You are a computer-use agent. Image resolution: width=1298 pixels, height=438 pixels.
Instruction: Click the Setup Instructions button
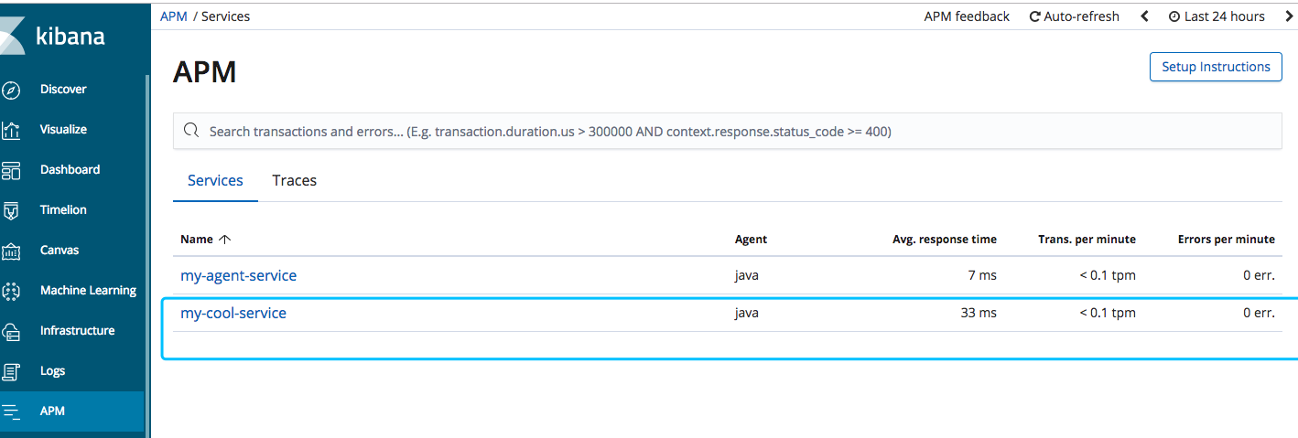pyautogui.click(x=1216, y=67)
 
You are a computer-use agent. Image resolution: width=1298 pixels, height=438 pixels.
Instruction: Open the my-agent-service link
pyautogui.click(x=238, y=275)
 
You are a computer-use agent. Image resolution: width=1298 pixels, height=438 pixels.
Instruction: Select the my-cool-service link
pyautogui.click(x=233, y=313)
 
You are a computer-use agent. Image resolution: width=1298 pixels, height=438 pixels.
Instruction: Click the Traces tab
pyautogui.click(x=294, y=180)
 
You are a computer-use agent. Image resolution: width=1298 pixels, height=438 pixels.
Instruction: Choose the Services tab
pyautogui.click(x=215, y=180)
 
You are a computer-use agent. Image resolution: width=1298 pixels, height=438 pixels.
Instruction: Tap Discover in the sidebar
pyautogui.click(x=63, y=90)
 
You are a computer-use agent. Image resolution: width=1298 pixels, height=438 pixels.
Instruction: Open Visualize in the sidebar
pyautogui.click(x=63, y=130)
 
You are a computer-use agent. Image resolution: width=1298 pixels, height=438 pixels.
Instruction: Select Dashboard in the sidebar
pyautogui.click(x=70, y=170)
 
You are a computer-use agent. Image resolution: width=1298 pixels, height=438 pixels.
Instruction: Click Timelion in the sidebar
pyautogui.click(x=63, y=210)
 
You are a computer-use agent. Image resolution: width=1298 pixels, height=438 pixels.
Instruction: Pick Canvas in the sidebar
pyautogui.click(x=59, y=251)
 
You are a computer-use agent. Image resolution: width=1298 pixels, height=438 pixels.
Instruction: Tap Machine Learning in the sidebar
pyautogui.click(x=88, y=291)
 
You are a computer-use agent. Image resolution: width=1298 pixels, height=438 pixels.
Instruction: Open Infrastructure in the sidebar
pyautogui.click(x=77, y=331)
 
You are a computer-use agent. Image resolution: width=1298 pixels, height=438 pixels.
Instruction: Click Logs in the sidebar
pyautogui.click(x=52, y=371)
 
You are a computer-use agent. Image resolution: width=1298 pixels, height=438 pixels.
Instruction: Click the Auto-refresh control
pyautogui.click(x=1074, y=16)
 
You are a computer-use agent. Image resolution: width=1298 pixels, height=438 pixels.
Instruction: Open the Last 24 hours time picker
pyautogui.click(x=1217, y=16)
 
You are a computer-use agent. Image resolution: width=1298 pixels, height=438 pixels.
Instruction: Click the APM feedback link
pyautogui.click(x=967, y=16)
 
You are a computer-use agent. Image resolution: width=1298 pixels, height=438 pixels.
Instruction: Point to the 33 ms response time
pyautogui.click(x=979, y=313)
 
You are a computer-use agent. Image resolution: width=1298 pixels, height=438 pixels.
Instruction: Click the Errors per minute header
pyautogui.click(x=1226, y=240)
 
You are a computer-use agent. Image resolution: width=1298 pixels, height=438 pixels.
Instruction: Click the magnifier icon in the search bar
pyautogui.click(x=191, y=131)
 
